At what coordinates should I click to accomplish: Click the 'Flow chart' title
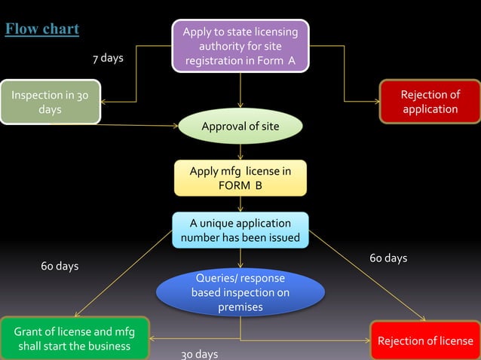[x=42, y=29]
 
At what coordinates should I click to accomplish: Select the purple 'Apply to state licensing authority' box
[x=240, y=46]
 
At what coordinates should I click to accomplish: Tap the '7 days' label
[x=108, y=59]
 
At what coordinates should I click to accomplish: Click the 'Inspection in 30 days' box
[x=50, y=102]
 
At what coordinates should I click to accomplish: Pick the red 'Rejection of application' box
[x=430, y=102]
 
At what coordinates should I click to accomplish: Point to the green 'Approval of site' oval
[x=240, y=127]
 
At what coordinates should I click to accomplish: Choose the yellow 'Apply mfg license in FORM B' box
[x=240, y=178]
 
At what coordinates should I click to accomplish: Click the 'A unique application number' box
[x=240, y=230]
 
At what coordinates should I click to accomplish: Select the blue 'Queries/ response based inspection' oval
[x=240, y=292]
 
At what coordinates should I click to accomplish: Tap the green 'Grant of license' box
[x=74, y=339]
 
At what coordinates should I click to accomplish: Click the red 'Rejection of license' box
[x=425, y=341]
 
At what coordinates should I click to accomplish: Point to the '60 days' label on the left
[x=60, y=267]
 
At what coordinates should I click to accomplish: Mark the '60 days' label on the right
[x=388, y=258]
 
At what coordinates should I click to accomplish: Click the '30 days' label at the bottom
[x=200, y=354]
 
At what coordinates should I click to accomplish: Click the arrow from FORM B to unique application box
[x=240, y=204]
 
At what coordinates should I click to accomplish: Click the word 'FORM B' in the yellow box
[x=240, y=186]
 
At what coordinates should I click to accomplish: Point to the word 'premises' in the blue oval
[x=240, y=307]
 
